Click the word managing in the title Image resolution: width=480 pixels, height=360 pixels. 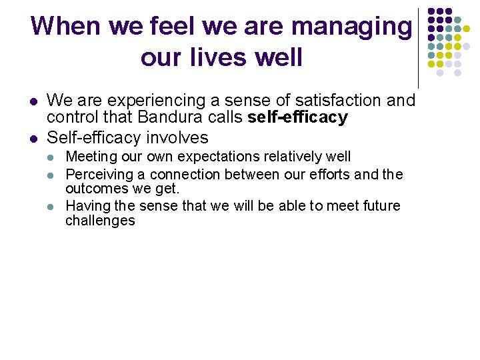point(352,27)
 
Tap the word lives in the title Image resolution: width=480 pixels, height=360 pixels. point(223,57)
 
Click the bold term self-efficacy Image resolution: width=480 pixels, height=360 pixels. point(297,119)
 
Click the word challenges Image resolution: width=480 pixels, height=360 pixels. point(100,221)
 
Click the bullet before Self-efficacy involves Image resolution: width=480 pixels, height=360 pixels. point(32,139)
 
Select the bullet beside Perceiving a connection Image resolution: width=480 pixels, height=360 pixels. point(53,175)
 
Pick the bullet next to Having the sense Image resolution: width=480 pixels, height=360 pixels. point(53,207)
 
